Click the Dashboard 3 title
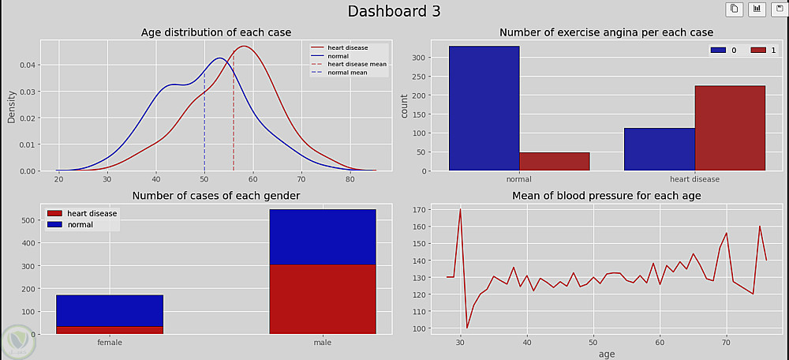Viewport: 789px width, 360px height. coord(394,11)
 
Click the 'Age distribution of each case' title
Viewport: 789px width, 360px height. coord(215,32)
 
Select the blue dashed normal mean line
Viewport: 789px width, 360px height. coord(204,126)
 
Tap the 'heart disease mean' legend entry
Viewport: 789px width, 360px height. coord(357,64)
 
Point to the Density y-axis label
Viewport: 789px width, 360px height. coord(12,106)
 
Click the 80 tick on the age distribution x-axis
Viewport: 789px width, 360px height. coord(350,182)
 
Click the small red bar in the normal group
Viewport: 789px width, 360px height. coord(554,161)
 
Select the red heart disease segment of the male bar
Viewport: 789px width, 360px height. coord(322,299)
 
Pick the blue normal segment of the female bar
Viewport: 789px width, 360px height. coord(109,310)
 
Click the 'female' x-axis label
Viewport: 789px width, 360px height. coord(110,343)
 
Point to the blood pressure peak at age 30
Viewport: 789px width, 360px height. coord(460,210)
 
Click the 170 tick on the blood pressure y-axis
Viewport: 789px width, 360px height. coord(420,210)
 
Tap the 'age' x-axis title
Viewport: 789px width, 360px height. coord(606,354)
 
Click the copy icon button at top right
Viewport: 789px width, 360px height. coord(735,9)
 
